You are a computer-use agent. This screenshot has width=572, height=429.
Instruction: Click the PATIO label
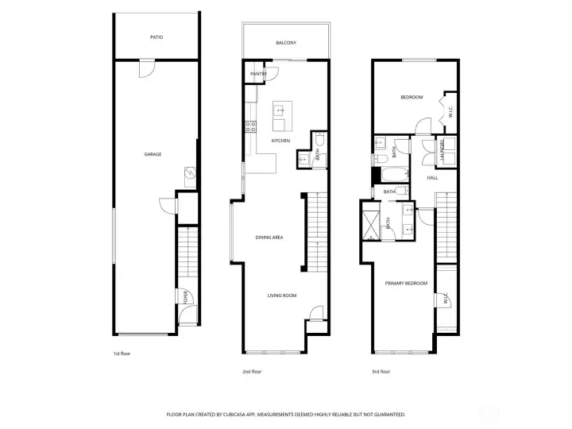point(157,37)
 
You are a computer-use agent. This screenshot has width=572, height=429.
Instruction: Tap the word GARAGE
point(153,154)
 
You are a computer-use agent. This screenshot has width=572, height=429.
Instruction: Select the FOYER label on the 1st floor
point(186,298)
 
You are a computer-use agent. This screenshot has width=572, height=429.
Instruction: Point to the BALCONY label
point(286,43)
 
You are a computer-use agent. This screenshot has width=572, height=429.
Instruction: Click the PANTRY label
point(258,74)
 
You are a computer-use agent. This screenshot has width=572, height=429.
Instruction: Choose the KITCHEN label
point(280,141)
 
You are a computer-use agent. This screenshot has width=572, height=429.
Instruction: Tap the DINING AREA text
point(269,238)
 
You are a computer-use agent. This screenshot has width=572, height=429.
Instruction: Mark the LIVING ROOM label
point(281,296)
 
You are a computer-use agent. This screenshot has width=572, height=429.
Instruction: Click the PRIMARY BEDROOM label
point(406,283)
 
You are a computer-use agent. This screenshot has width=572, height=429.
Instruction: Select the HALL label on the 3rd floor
point(433,177)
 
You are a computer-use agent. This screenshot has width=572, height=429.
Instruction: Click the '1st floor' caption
point(122,355)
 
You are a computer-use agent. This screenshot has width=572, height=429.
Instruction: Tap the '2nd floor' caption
point(251,371)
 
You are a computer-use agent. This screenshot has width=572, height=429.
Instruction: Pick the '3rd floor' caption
point(381,371)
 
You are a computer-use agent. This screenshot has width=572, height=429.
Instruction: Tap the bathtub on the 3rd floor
point(392,173)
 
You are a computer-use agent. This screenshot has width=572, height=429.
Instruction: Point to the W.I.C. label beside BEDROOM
point(450,114)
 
